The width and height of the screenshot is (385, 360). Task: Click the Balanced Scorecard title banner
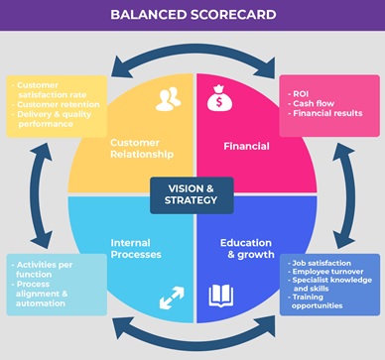pyautogui.click(x=192, y=16)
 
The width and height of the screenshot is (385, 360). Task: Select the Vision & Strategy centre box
pyautogui.click(x=192, y=195)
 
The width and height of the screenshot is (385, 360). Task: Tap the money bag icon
pyautogui.click(x=219, y=99)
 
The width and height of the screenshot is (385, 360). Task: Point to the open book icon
pyautogui.click(x=220, y=295)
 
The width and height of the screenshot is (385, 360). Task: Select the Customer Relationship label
pyautogui.click(x=142, y=149)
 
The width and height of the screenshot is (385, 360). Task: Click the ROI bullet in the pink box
pyautogui.click(x=301, y=93)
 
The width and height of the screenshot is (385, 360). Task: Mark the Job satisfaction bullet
pyautogui.click(x=322, y=263)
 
